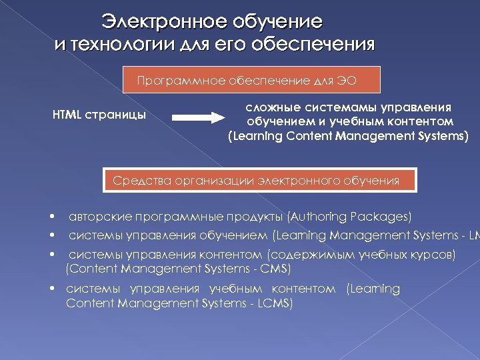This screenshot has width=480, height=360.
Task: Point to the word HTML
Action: click(x=67, y=115)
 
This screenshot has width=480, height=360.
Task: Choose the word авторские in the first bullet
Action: click(x=99, y=217)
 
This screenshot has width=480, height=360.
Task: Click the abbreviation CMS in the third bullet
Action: click(x=278, y=269)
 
